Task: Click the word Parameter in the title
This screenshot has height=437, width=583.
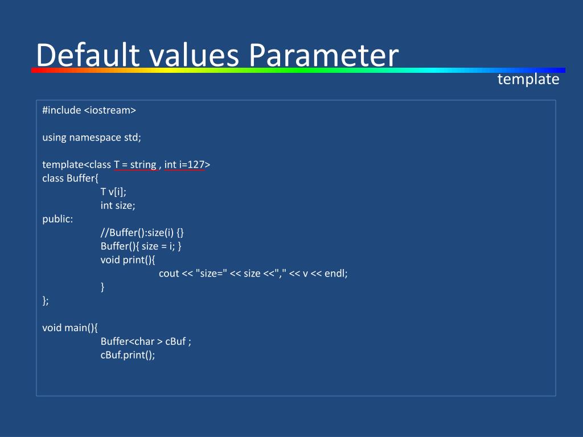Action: pos(323,56)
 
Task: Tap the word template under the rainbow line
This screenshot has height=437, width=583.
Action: pos(528,80)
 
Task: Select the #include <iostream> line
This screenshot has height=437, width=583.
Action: pos(89,110)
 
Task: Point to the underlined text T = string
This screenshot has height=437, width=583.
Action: pos(135,165)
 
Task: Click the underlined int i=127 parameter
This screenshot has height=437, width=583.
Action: pos(184,165)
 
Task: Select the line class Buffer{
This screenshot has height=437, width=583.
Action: pos(71,179)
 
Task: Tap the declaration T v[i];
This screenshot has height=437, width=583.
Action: pos(113,192)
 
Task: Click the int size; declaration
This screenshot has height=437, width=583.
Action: pos(118,206)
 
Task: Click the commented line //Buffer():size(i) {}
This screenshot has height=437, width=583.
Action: pos(142,233)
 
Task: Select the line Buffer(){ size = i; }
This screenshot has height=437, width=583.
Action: pos(141,246)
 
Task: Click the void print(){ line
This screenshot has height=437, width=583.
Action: pos(128,260)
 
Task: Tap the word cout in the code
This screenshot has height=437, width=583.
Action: pos(169,274)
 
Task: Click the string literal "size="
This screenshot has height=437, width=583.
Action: pos(211,274)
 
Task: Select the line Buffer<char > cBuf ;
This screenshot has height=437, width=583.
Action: pos(146,341)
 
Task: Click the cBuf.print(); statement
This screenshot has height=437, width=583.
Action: pos(128,355)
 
